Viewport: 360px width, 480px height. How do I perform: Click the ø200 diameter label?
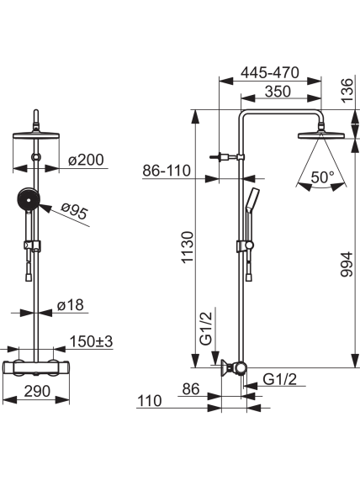click(x=86, y=160)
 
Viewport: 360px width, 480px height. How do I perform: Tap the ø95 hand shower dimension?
click(x=74, y=211)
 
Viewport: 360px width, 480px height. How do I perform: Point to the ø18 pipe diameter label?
click(x=71, y=304)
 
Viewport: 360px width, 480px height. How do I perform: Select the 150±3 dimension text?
click(x=92, y=341)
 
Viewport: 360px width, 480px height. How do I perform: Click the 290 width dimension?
click(x=37, y=391)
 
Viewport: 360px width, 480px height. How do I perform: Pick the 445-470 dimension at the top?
click(x=270, y=73)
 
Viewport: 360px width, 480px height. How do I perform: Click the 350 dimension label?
click(x=278, y=92)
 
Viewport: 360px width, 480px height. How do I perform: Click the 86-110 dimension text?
click(x=167, y=170)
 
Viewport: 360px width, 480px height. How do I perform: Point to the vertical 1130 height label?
click(x=188, y=247)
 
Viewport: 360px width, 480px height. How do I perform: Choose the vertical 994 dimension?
click(x=347, y=264)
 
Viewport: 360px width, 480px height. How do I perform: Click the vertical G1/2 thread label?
click(x=206, y=328)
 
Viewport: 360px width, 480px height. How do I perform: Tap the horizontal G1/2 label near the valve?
click(x=280, y=379)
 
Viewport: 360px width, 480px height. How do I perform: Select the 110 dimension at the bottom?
click(x=149, y=401)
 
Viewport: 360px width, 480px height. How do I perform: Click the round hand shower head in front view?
click(x=29, y=200)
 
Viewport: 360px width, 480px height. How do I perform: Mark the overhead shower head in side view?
click(x=321, y=135)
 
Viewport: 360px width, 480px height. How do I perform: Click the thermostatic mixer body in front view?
click(x=36, y=367)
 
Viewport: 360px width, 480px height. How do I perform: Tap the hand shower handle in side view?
click(x=251, y=201)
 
